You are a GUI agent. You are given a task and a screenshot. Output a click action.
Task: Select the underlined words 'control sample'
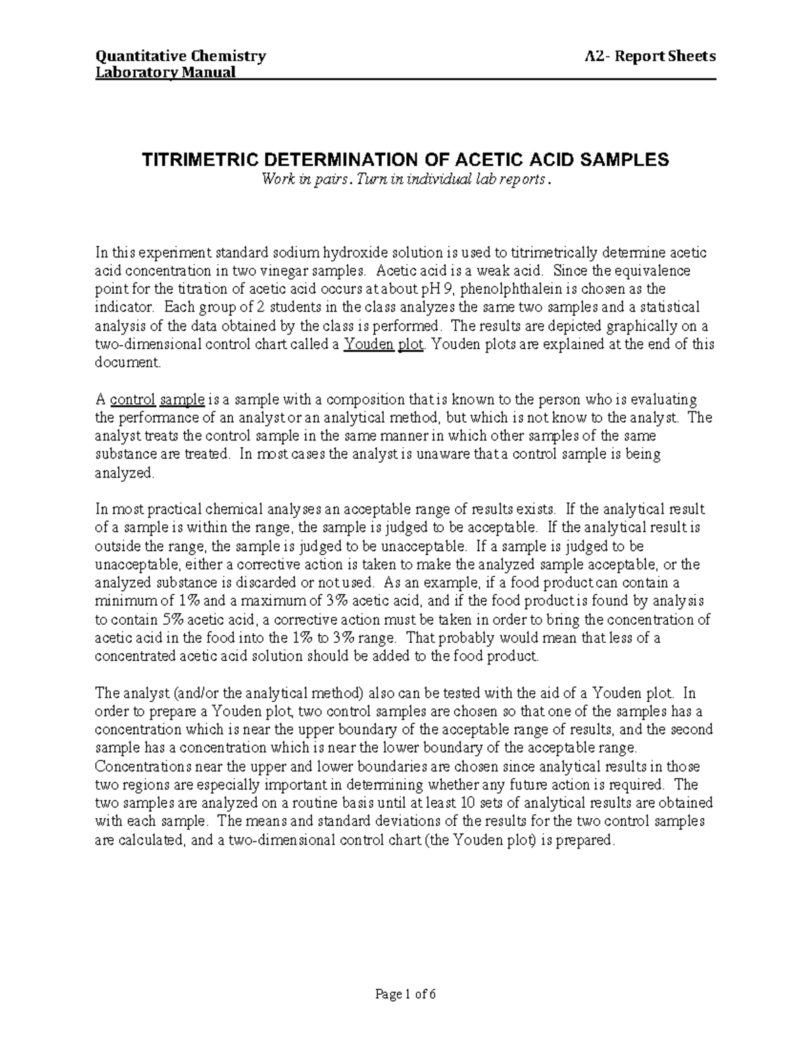[x=157, y=399]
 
